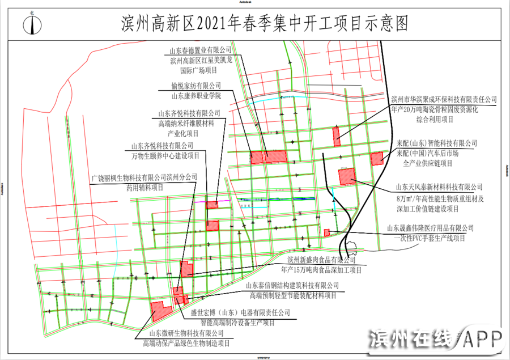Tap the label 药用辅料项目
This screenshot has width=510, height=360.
click(x=144, y=187)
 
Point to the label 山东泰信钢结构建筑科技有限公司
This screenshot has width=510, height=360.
click(x=292, y=285)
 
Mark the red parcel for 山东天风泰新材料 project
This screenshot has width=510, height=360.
click(x=346, y=176)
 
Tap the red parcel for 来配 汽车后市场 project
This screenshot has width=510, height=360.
click(x=377, y=159)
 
